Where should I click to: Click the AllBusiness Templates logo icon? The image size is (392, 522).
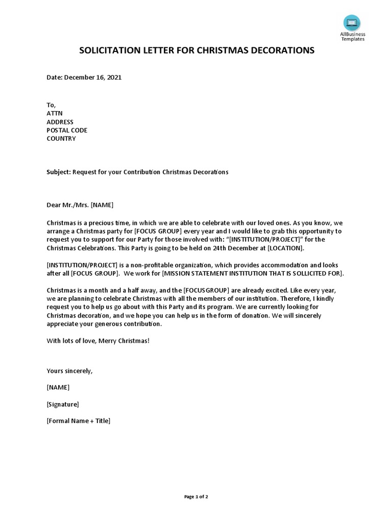352,23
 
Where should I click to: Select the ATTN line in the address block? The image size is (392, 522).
55,113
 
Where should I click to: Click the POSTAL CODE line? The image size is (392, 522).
67,130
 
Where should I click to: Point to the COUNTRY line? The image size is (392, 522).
61,139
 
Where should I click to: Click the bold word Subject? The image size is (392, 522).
59,172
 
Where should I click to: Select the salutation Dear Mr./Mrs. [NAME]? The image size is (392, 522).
80,205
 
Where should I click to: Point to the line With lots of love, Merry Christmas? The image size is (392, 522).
98,341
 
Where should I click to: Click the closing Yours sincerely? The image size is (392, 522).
70,371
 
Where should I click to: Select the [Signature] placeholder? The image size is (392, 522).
63,404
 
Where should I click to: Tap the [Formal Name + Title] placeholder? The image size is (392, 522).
79,421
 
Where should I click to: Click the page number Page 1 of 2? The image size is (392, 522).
196,497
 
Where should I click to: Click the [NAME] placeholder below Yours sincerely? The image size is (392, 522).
58,387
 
